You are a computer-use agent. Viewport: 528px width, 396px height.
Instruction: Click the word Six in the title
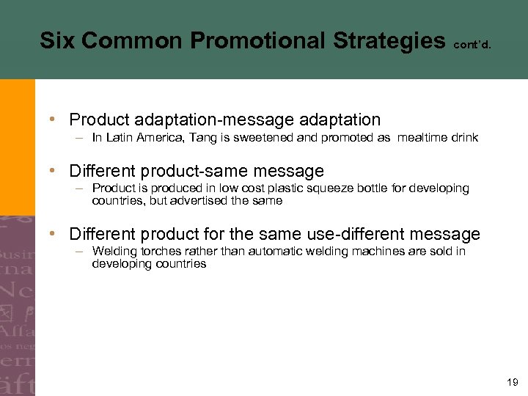point(56,40)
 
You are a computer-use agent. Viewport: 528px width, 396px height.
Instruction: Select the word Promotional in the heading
point(238,40)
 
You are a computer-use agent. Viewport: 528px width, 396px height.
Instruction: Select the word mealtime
point(425,137)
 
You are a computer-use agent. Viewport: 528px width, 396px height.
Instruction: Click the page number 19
point(512,382)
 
